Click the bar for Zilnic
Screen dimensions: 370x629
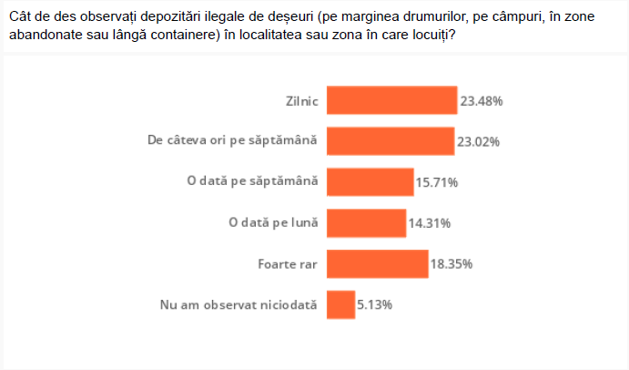391,100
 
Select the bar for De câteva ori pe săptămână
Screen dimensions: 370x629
390,141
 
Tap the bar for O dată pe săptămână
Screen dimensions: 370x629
370,182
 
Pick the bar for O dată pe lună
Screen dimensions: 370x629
366,222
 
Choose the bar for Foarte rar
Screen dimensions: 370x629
377,263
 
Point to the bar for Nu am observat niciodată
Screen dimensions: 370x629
340,304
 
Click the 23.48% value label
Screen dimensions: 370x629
482,101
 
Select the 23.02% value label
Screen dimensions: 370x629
479,142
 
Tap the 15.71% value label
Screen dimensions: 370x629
437,182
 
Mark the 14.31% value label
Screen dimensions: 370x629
430,223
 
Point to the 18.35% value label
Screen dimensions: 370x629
451,264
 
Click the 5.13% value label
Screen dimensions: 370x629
374,304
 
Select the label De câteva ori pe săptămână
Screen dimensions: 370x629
232,141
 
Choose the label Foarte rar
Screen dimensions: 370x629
289,263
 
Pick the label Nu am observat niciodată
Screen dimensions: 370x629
238,304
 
